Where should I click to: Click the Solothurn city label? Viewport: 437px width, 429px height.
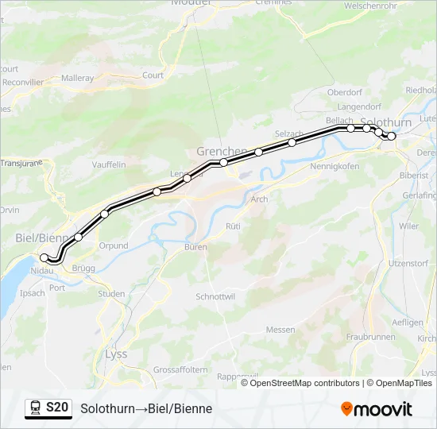pyautogui.click(x=385, y=123)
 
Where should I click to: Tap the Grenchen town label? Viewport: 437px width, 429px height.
pyautogui.click(x=221, y=151)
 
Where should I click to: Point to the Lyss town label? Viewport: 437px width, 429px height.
pyautogui.click(x=116, y=354)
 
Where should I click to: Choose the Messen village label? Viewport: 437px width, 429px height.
pyautogui.click(x=280, y=330)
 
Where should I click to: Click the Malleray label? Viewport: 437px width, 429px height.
pyautogui.click(x=78, y=79)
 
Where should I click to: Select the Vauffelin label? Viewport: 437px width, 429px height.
pyautogui.click(x=110, y=164)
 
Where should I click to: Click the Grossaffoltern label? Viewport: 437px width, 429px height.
pyautogui.click(x=180, y=370)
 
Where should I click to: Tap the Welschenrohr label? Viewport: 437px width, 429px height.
pyautogui.click(x=370, y=6)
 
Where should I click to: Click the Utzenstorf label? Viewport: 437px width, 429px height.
pyautogui.click(x=409, y=262)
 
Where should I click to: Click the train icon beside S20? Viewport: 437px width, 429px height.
pyautogui.click(x=35, y=408)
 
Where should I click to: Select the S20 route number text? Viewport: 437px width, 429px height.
pyautogui.click(x=57, y=408)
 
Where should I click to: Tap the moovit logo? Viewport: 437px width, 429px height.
pyautogui.click(x=377, y=409)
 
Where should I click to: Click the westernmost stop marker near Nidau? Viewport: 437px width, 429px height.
pyautogui.click(x=44, y=257)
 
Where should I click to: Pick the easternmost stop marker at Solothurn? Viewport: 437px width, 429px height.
pyautogui.click(x=392, y=136)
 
